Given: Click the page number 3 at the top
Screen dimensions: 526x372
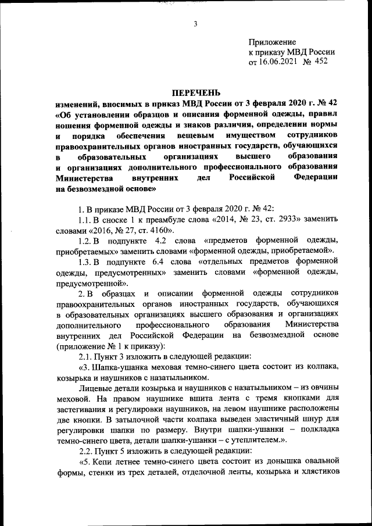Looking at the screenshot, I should tap(196, 23).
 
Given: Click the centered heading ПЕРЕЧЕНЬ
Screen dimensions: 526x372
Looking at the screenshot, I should tap(196, 92).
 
